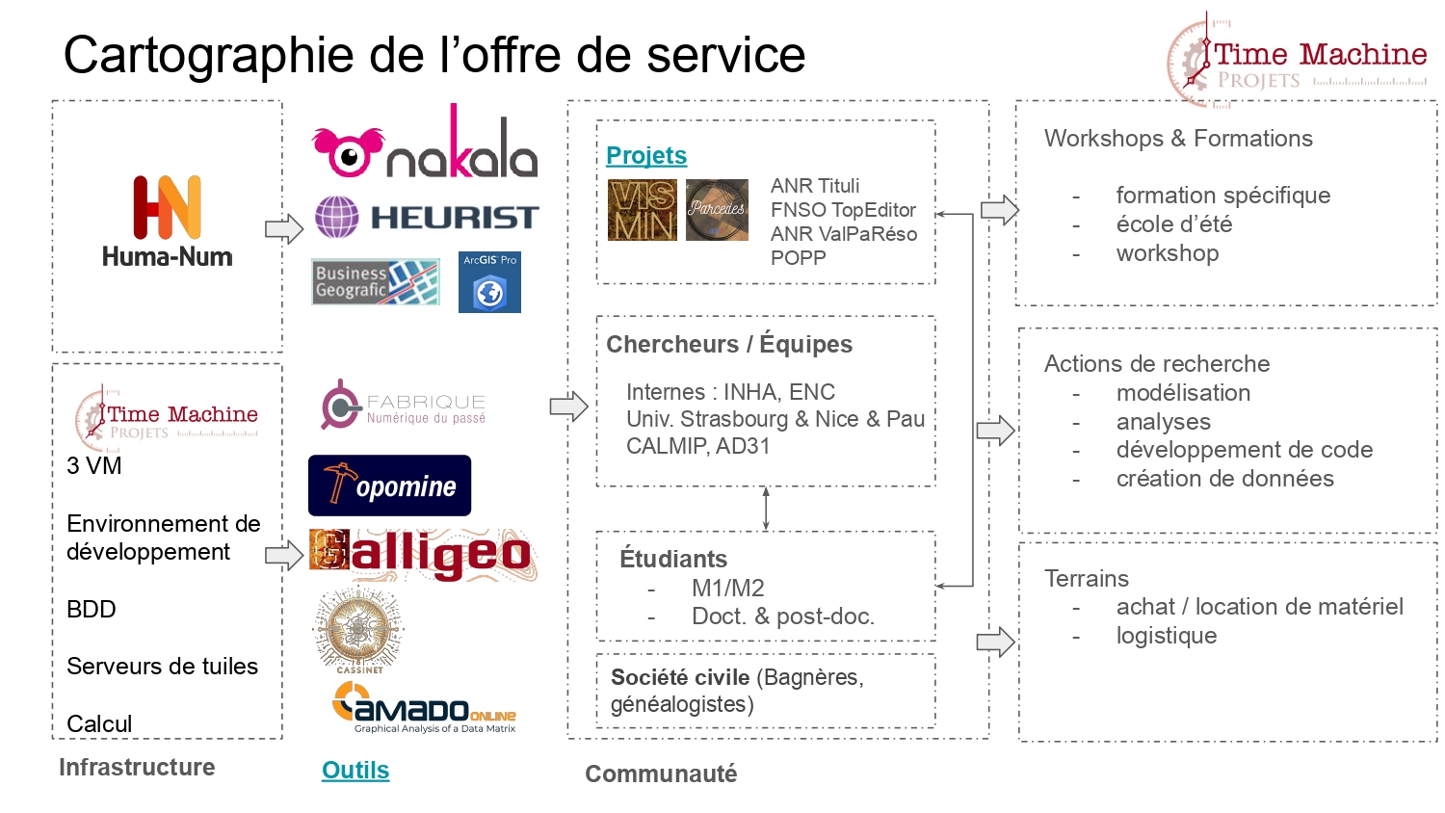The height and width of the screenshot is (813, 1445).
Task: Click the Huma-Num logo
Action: tap(168, 221)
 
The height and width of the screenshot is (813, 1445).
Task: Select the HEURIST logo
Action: tap(426, 217)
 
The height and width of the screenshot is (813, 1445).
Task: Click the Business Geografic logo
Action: tap(376, 281)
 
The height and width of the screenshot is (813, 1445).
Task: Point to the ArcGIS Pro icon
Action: tap(489, 282)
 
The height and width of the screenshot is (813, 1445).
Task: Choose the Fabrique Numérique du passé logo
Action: tap(404, 406)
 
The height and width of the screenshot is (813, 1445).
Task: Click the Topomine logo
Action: tap(389, 485)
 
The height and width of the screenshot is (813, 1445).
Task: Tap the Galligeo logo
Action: tap(421, 554)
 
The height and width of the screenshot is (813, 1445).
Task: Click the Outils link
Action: tap(355, 771)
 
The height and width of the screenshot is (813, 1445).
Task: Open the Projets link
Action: tap(646, 156)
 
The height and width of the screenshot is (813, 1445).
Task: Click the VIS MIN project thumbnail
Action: tap(643, 210)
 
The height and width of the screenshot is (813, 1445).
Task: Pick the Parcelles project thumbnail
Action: tap(717, 210)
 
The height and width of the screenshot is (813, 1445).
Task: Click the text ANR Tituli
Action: tap(815, 186)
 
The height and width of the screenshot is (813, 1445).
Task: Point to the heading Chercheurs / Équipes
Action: tap(729, 345)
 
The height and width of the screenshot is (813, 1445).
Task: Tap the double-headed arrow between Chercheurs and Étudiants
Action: tap(766, 508)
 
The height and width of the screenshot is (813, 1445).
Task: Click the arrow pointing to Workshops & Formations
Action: tap(999, 209)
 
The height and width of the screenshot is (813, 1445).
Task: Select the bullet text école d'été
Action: tap(1173, 224)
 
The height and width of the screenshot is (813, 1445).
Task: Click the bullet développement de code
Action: tap(1244, 450)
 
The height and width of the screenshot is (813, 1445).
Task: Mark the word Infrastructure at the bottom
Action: tap(137, 768)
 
